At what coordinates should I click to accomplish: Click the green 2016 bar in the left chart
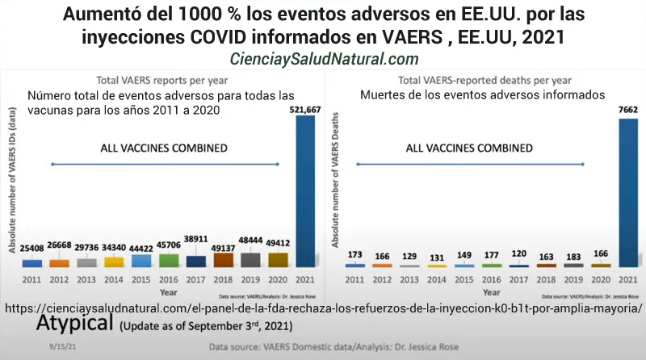click(x=170, y=261)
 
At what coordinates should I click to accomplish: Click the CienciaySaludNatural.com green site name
click(x=323, y=59)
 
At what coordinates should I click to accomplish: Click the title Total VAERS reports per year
click(x=161, y=80)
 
